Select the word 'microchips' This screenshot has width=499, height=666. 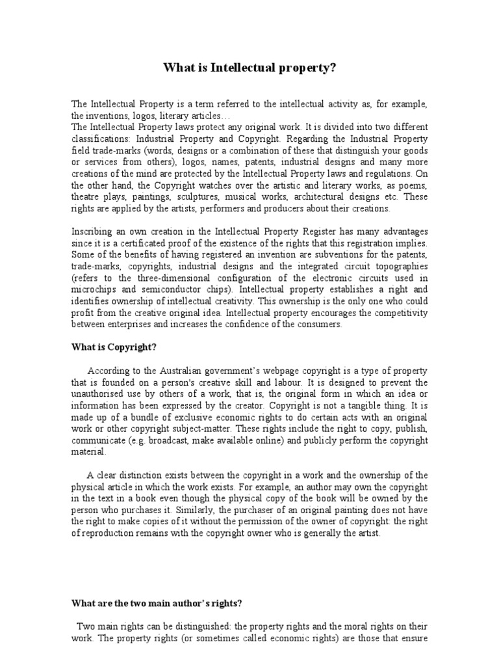94,289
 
